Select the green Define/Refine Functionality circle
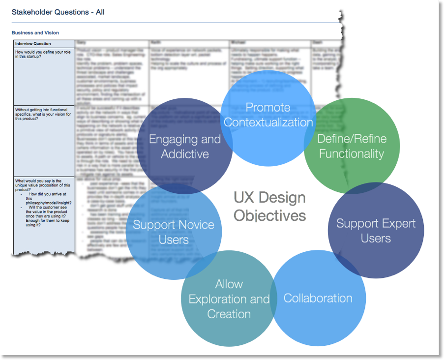point(352,146)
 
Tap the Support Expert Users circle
point(376,231)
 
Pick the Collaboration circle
point(318,299)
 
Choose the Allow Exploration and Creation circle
point(229,299)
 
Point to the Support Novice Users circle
point(174,232)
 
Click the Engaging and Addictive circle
point(184,146)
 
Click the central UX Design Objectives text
point(269,207)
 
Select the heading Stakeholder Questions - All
point(58,12)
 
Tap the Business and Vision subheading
point(35,33)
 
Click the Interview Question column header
point(33,44)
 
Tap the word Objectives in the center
point(269,215)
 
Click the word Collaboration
point(318,299)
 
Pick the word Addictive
point(184,154)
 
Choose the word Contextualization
point(268,122)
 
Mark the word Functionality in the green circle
point(352,154)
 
